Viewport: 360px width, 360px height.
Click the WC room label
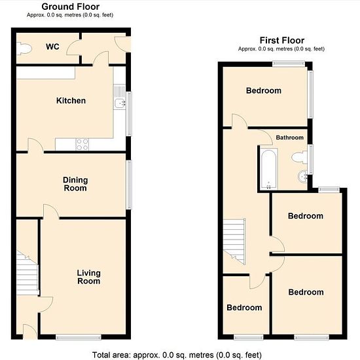click(52, 46)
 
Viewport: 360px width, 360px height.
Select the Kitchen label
click(71, 101)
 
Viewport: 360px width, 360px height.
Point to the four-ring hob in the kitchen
click(82, 145)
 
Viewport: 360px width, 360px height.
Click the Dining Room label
click(75, 184)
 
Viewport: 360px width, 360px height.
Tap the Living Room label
click(88, 277)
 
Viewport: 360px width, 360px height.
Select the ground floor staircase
click(27, 273)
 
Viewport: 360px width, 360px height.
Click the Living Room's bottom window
click(79, 337)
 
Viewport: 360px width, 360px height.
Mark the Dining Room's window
click(130, 185)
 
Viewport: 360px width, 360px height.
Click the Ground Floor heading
click(71, 7)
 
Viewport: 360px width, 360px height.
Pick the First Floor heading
click(282, 41)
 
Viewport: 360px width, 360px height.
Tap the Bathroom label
click(290, 137)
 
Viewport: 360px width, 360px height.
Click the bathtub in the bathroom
click(269, 169)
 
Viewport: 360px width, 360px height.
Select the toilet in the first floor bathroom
click(299, 158)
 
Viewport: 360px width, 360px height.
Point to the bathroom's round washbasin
click(303, 177)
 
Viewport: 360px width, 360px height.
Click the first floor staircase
click(234, 242)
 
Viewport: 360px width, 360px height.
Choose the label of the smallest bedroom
click(244, 308)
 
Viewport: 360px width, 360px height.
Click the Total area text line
click(177, 355)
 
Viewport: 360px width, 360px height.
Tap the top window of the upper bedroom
click(289, 63)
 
